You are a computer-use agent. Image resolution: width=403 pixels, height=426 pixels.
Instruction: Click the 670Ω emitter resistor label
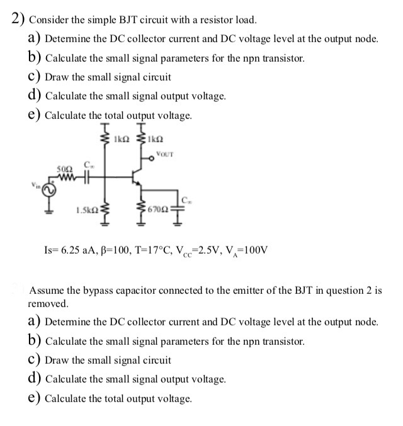click(159, 208)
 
